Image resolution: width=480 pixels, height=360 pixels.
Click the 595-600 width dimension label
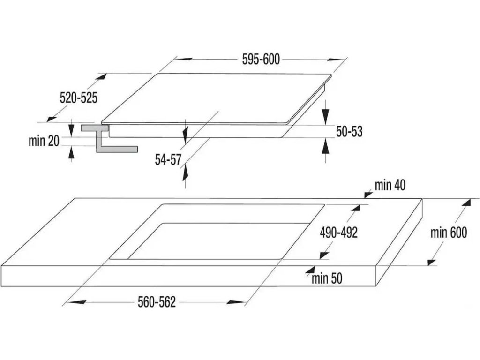261,60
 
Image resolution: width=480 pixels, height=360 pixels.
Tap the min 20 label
44,141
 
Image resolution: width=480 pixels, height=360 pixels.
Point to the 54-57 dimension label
168,159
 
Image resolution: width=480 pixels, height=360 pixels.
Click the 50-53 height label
349,132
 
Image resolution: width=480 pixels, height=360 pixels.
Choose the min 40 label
390,185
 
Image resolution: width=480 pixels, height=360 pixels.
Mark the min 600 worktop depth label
449,232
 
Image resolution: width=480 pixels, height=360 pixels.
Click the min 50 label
327,279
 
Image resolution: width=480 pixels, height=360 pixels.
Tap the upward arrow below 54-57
185,174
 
